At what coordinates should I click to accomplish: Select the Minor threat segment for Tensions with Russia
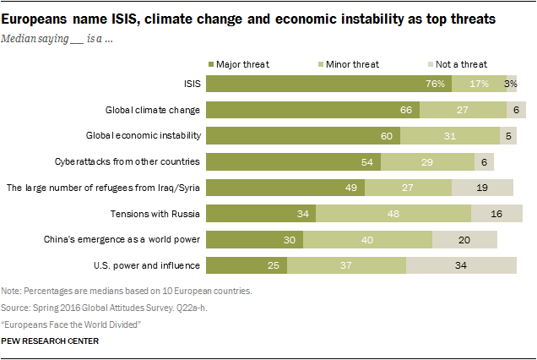[393, 213]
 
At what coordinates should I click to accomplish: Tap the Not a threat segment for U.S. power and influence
[460, 265]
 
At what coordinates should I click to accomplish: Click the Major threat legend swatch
[211, 64]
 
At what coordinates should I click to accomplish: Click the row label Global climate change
[152, 110]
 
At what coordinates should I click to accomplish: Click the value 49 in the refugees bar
[351, 188]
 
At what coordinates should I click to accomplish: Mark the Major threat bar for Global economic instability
[302, 135]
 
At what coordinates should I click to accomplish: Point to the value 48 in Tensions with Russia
[394, 213]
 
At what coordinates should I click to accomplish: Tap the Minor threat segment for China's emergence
[367, 239]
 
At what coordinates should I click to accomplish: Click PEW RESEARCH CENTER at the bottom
[51, 341]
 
